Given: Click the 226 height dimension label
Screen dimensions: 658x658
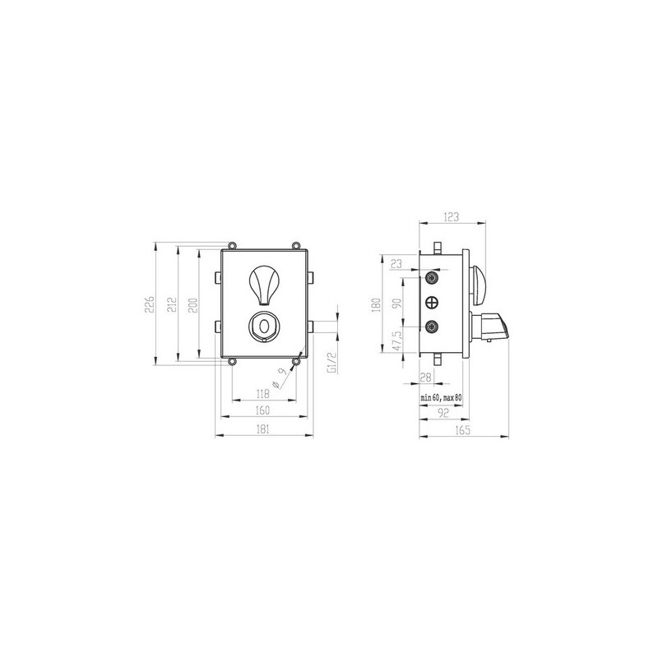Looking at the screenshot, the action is pos(150,304).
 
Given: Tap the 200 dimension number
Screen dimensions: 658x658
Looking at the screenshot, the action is pos(192,306).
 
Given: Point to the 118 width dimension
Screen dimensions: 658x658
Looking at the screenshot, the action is pos(262,394).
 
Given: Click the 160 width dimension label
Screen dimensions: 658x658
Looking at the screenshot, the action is pos(262,410).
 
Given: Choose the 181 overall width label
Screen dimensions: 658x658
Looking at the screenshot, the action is pos(262,429).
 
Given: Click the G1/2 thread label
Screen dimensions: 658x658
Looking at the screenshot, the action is pos(331,363).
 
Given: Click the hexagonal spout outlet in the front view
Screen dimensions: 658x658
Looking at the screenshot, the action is pos(264,327).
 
